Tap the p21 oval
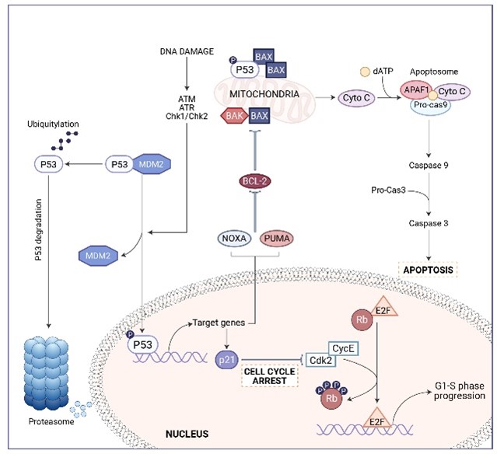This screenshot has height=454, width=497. click(x=227, y=360)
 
